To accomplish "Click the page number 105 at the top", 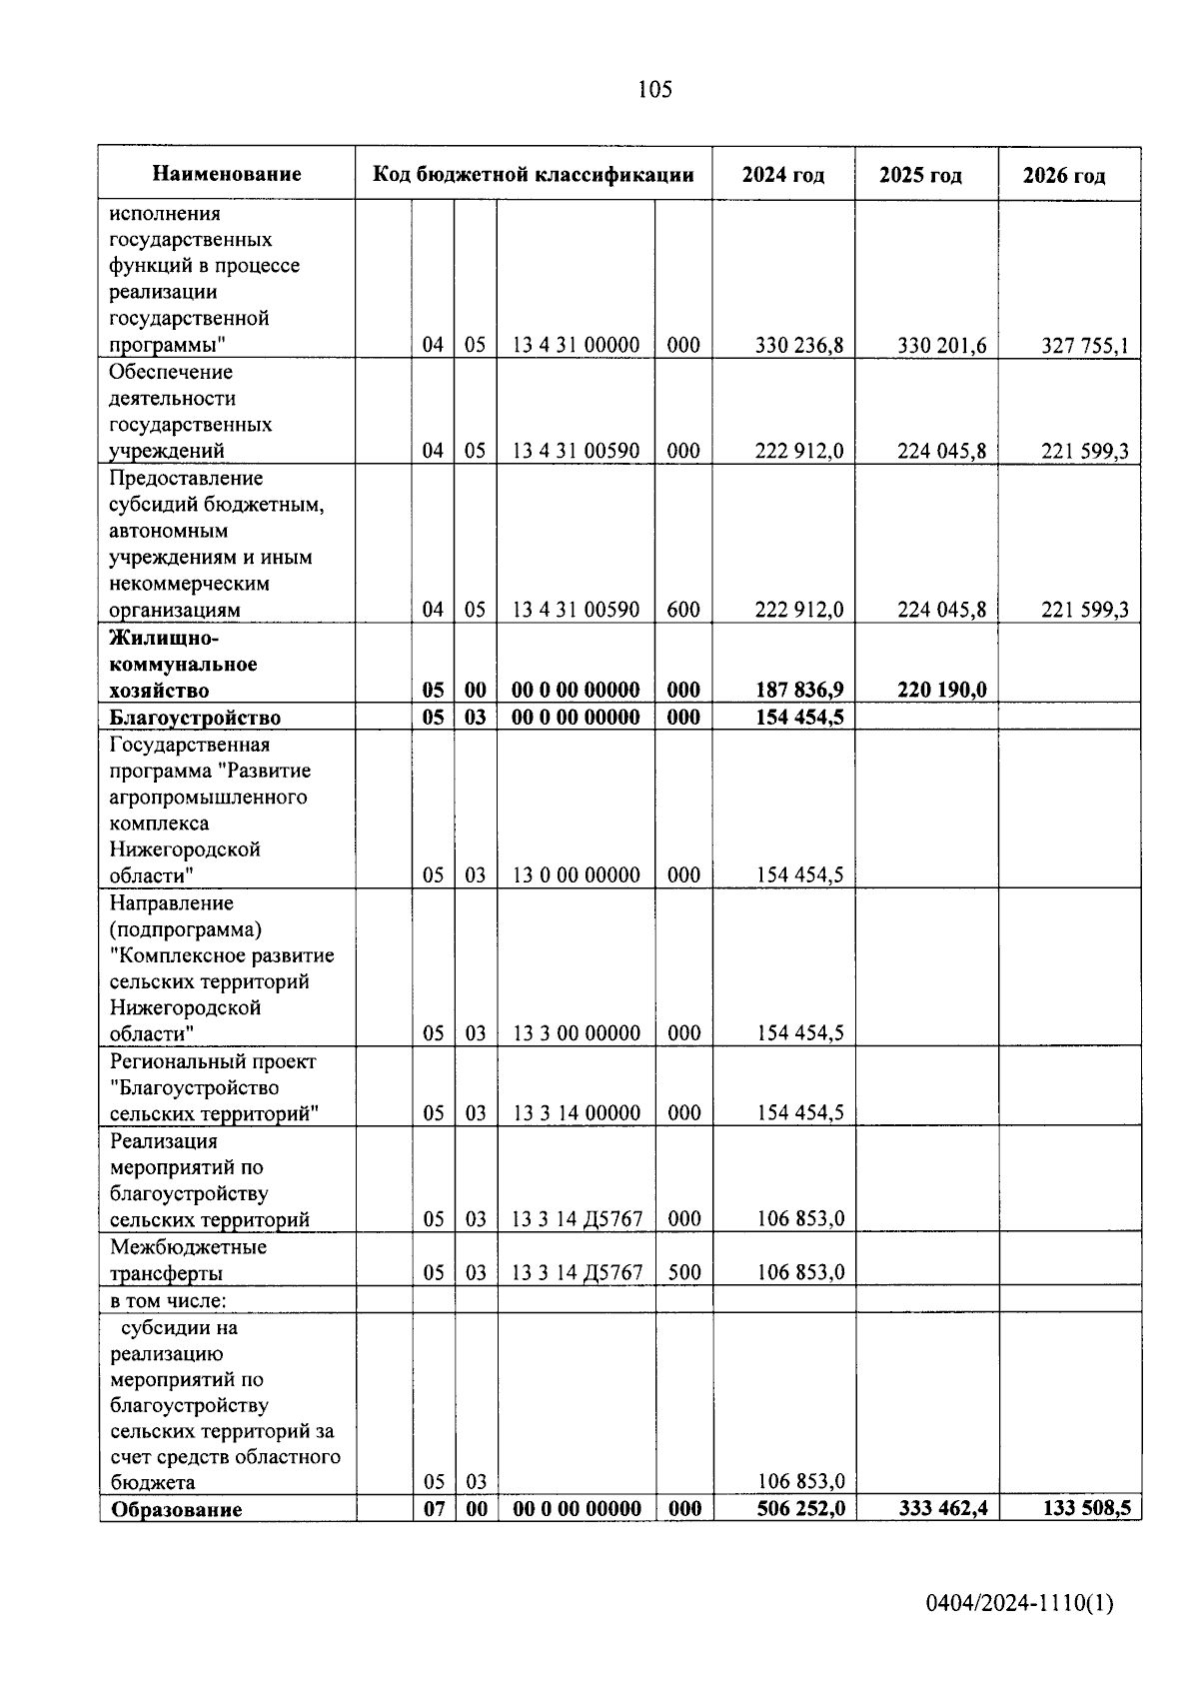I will coord(654,90).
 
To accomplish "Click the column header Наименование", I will coord(227,175).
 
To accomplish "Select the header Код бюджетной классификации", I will coord(534,175).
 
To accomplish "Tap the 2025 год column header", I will coord(920,176).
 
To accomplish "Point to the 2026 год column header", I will coord(1064,177).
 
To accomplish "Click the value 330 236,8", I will coord(799,346).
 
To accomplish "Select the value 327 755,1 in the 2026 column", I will coord(1084,346).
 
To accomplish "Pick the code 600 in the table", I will coord(683,610).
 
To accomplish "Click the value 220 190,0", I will coord(941,690).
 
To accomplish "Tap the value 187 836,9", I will coord(799,690).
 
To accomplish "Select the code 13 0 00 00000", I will coord(576,875).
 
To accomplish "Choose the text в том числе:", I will coord(168,1300).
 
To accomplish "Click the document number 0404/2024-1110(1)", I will coord(1019,1604).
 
